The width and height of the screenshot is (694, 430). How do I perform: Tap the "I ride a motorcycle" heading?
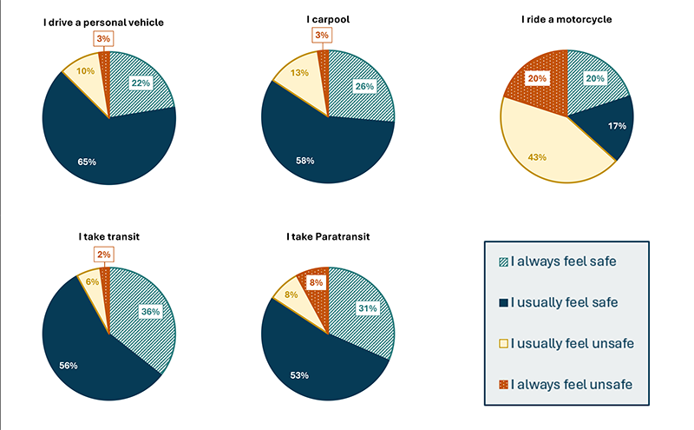567,19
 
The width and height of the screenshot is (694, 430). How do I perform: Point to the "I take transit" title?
109,236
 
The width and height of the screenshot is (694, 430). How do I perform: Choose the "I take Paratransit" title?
328,236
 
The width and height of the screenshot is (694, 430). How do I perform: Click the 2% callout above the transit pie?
104,254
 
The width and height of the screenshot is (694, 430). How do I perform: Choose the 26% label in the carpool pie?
363,87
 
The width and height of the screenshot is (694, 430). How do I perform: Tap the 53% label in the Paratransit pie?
299,374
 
